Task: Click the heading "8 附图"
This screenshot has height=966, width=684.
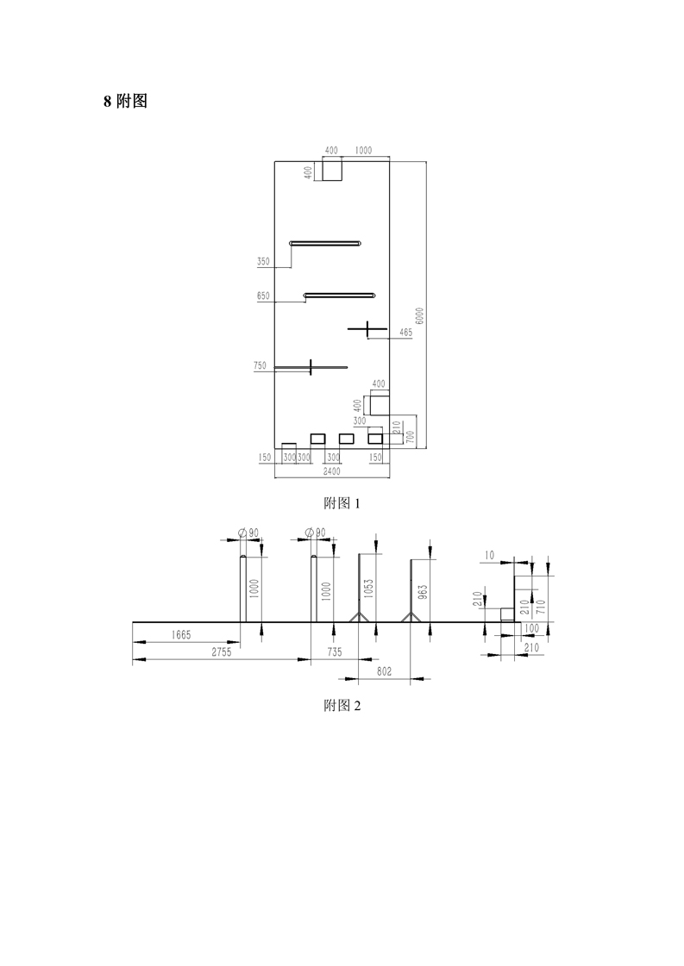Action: tap(125, 102)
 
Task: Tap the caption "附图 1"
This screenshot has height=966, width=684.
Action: tap(342, 503)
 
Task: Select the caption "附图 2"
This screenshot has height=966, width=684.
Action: tap(342, 706)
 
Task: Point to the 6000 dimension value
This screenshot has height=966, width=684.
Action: tap(420, 316)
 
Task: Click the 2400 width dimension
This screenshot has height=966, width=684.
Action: tap(331, 471)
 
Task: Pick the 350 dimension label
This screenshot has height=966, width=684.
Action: tap(263, 262)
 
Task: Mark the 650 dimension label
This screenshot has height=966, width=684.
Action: tap(263, 296)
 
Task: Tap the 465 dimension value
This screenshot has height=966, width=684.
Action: tap(406, 333)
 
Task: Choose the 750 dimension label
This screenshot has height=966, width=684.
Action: tap(260, 366)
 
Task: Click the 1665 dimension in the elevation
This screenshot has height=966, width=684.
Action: tap(181, 635)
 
